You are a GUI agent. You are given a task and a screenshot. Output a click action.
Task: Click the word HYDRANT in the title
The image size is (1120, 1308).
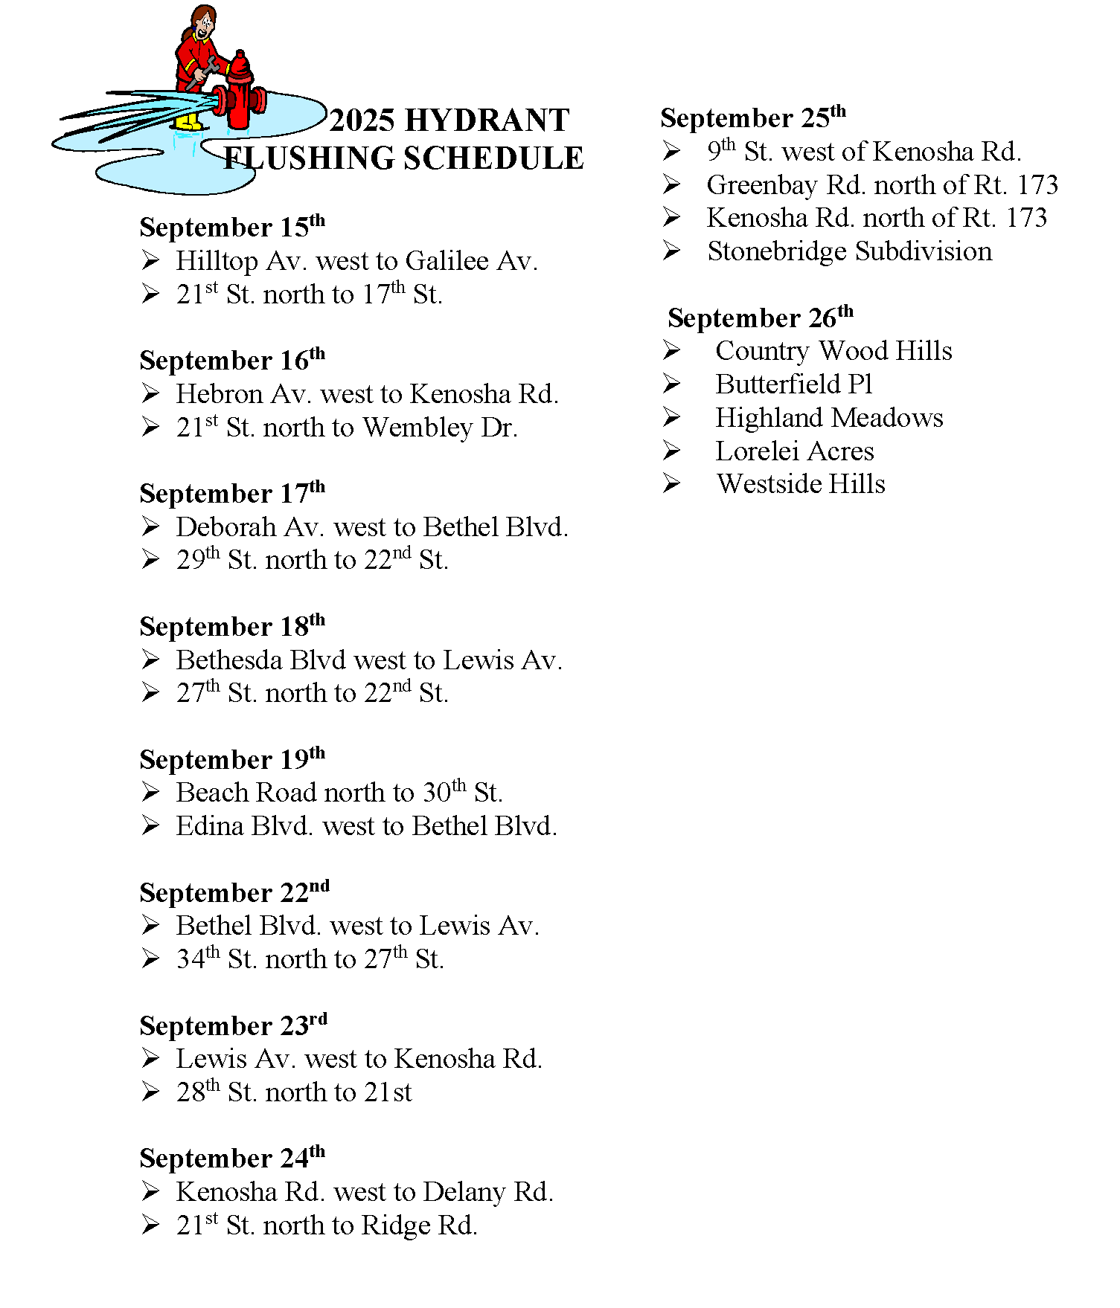tap(487, 120)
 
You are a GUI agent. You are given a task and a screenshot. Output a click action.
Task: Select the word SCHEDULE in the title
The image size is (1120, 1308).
tap(493, 158)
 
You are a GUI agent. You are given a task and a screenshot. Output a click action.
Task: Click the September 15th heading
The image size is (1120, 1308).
tap(232, 227)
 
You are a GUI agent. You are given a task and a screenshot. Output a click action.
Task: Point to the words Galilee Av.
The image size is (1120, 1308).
tap(471, 261)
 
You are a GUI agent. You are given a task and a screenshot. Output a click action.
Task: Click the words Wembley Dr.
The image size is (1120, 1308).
tap(440, 428)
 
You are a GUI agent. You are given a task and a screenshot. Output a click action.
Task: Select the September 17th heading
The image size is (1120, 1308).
tap(232, 493)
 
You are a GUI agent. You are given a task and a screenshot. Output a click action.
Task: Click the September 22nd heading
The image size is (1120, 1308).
tap(234, 892)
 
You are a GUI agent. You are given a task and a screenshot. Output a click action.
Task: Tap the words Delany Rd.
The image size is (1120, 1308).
tap(488, 1192)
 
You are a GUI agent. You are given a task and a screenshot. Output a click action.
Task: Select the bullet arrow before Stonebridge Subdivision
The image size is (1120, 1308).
tap(671, 251)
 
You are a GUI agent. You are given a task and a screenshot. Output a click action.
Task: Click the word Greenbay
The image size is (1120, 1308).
tap(762, 185)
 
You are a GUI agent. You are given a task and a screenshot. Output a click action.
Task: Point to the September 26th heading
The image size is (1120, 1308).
tap(760, 318)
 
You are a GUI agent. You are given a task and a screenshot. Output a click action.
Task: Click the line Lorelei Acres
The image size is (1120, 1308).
tap(794, 451)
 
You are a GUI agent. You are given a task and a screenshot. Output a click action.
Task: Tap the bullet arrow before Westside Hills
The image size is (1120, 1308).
tap(671, 484)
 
